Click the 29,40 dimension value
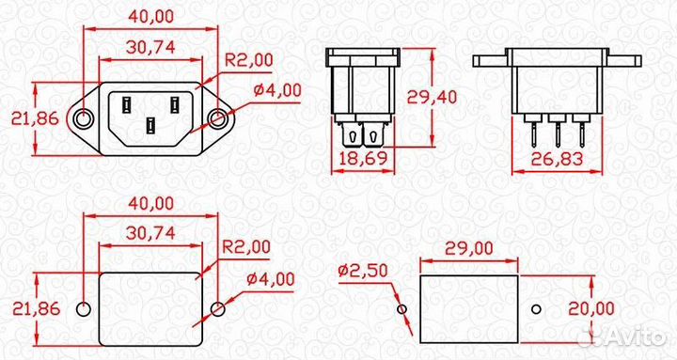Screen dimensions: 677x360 point(432,97)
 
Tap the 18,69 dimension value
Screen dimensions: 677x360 point(363,159)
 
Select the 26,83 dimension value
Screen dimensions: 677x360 point(557,159)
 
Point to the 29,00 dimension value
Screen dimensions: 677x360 point(468,249)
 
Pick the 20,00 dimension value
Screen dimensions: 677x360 point(591,308)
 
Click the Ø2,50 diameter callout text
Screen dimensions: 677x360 point(363,271)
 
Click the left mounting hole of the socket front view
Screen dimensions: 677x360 point(83,118)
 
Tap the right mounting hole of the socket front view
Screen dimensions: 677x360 point(217,118)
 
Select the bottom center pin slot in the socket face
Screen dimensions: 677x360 point(150,125)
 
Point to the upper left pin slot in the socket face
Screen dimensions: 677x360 point(126,105)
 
